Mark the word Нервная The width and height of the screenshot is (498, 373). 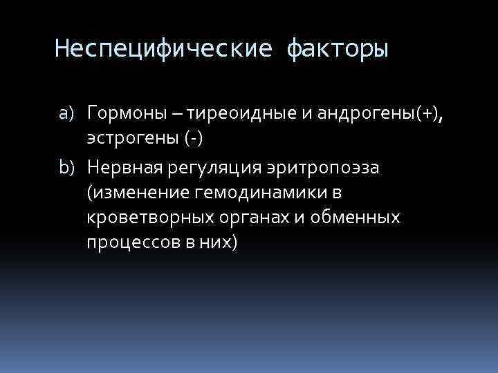(123, 166)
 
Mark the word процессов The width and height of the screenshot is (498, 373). (130, 243)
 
